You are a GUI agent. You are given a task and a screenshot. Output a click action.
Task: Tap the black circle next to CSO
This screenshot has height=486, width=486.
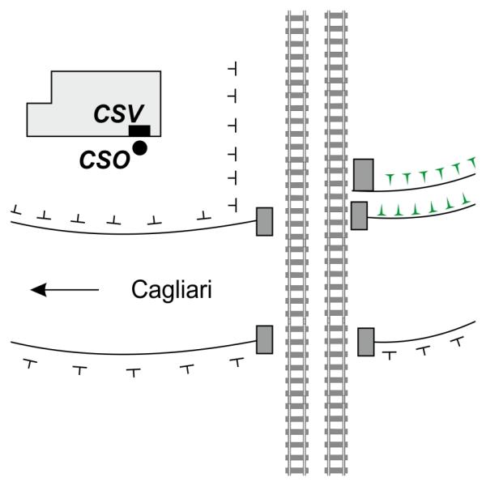140,147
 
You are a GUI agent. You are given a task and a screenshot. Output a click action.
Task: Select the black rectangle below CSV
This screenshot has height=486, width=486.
139,130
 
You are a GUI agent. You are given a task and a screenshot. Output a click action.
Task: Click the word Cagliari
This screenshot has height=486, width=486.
172,289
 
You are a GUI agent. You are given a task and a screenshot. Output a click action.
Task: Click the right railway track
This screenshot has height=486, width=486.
335,243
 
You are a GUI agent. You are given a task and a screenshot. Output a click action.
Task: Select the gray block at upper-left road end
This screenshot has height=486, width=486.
264,221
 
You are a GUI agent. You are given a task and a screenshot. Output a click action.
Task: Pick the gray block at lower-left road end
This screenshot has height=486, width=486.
264,339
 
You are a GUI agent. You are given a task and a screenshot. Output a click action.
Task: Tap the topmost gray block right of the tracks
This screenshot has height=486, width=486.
364,175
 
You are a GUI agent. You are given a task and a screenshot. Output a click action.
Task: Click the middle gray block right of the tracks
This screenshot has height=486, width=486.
359,215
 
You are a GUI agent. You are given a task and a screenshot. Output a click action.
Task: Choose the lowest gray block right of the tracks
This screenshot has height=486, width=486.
365,341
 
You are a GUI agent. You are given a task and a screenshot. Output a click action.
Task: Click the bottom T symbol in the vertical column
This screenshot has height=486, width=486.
232,201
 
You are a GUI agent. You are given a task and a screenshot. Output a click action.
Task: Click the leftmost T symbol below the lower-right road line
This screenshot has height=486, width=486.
389,354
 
